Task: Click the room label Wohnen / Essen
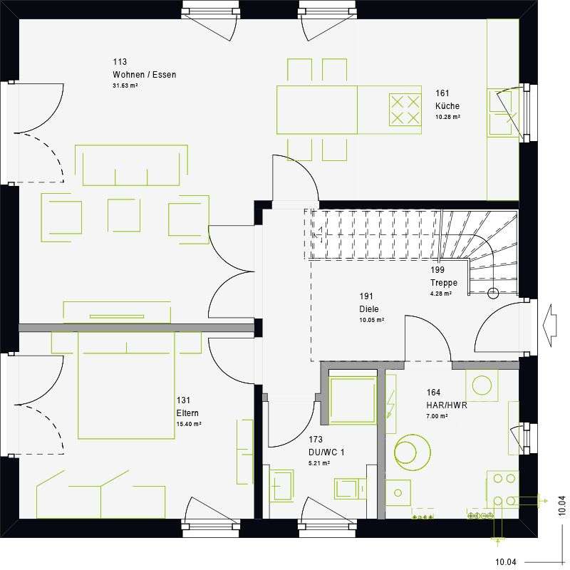(x=144, y=75)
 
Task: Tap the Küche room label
(x=447, y=106)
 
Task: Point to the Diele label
(x=369, y=309)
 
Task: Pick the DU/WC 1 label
(x=326, y=452)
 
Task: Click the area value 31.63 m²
(x=125, y=85)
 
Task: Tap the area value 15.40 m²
(x=188, y=424)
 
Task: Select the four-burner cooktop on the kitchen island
(x=405, y=109)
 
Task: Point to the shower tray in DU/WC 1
(x=353, y=400)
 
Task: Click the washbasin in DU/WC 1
(x=282, y=484)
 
